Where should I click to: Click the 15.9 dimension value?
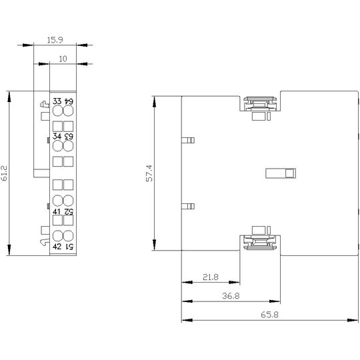pyautogui.click(x=55, y=40)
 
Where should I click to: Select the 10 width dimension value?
pyautogui.click(x=63, y=59)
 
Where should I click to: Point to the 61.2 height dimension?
pyautogui.click(x=5, y=173)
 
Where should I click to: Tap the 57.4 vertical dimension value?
pyautogui.click(x=149, y=173)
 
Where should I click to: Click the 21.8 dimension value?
pyautogui.click(x=211, y=277)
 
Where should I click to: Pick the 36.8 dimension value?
pyautogui.click(x=231, y=296)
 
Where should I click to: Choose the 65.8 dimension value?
pyautogui.click(x=269, y=315)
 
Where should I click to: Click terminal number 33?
pyautogui.click(x=57, y=101)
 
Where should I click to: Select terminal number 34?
pyautogui.click(x=57, y=136)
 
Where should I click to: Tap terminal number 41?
pyautogui.click(x=57, y=211)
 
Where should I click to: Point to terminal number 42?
pyautogui.click(x=57, y=247)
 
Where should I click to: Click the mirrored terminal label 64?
pyautogui.click(x=69, y=101)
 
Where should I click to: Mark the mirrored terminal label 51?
pyautogui.click(x=69, y=247)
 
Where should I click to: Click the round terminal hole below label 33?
pyautogui.click(x=57, y=111)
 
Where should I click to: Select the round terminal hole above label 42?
pyautogui.click(x=57, y=236)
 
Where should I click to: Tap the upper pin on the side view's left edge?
pyautogui.click(x=188, y=140)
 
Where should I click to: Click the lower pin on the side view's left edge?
pyautogui.click(x=188, y=206)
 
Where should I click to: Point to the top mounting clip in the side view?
pyautogui.click(x=260, y=104)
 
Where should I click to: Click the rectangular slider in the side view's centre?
pyautogui.click(x=281, y=173)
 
